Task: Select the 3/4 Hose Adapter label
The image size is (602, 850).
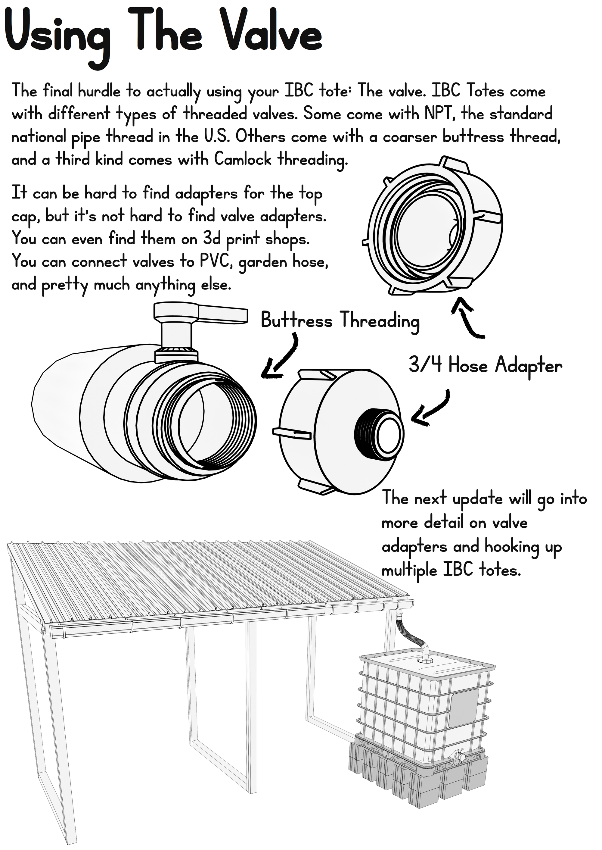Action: pyautogui.click(x=485, y=366)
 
